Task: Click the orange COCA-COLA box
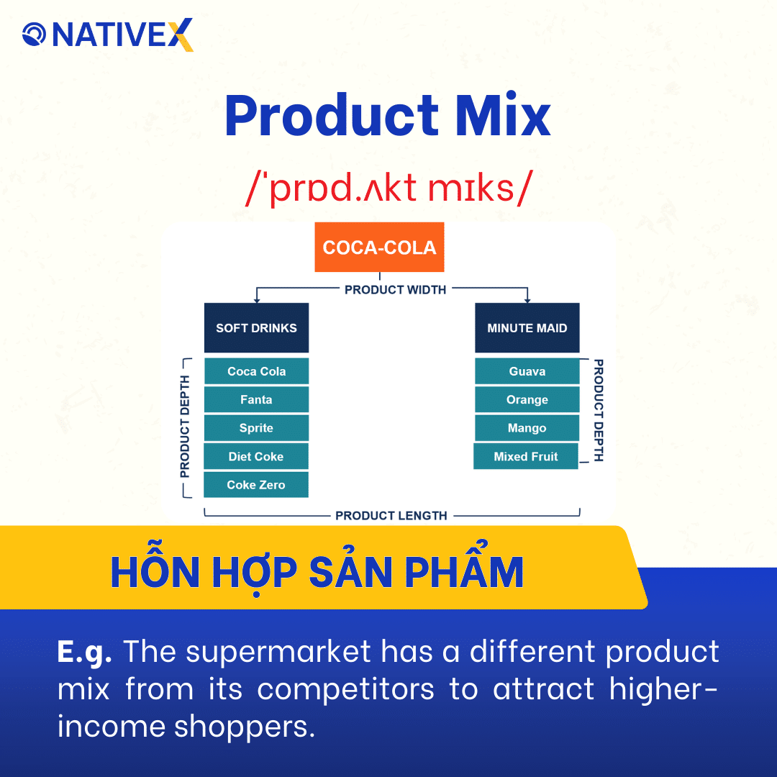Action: click(379, 247)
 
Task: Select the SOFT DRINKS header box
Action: click(256, 328)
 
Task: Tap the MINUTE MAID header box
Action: click(527, 328)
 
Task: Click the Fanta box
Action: click(256, 400)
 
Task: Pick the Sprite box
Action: click(256, 428)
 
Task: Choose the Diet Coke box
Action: click(256, 457)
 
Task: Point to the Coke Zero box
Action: click(256, 485)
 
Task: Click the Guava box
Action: click(527, 372)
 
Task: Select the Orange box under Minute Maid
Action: click(527, 400)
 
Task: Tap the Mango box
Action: click(527, 428)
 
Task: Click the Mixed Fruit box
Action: click(525, 457)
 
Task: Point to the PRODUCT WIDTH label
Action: click(395, 290)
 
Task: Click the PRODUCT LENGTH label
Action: click(391, 516)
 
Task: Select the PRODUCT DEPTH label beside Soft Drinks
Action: click(185, 427)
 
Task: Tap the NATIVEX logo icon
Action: click(34, 34)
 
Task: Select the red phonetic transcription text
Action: click(388, 188)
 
